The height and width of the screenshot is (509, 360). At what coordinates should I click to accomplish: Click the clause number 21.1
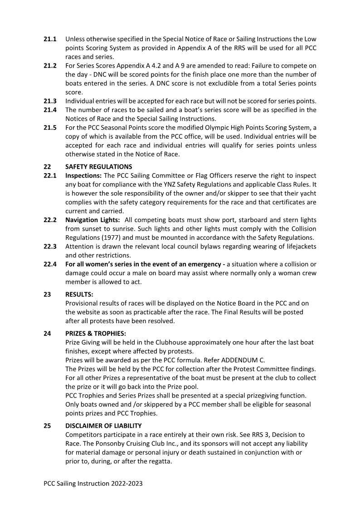pyautogui.click(x=50, y=39)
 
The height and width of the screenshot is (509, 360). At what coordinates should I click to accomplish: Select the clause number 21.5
pyautogui.click(x=50, y=128)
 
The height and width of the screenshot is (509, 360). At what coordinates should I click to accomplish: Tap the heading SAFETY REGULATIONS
pyautogui.click(x=99, y=167)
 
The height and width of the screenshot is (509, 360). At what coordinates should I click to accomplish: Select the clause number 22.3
pyautogui.click(x=50, y=247)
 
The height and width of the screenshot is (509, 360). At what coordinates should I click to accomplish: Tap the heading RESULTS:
pyautogui.click(x=79, y=294)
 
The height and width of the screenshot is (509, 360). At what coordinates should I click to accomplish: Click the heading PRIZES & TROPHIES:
pyautogui.click(x=94, y=334)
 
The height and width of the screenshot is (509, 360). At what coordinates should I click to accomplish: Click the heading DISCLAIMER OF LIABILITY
pyautogui.click(x=103, y=426)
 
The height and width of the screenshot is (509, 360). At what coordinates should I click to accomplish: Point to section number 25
pyautogui.click(x=47, y=426)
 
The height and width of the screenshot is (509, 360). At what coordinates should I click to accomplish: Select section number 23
pyautogui.click(x=47, y=294)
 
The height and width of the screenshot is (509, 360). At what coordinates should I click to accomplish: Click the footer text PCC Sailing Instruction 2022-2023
pyautogui.click(x=93, y=484)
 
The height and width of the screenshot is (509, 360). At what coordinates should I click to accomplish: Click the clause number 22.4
pyautogui.click(x=50, y=264)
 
